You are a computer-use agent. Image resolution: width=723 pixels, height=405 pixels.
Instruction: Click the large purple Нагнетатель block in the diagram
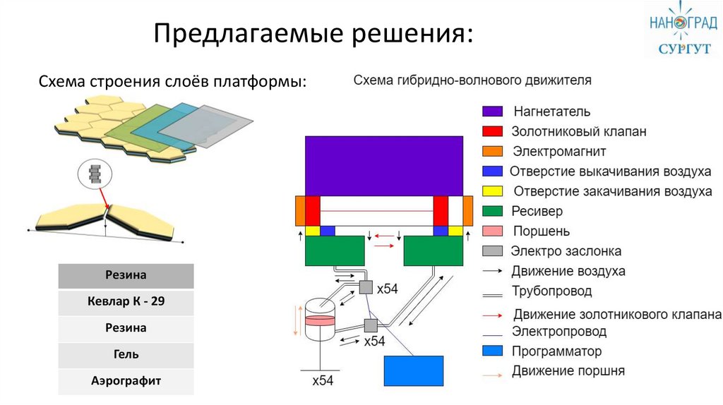[x=384, y=166]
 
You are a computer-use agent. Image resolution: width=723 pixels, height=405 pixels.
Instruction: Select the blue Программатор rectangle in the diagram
[x=414, y=370]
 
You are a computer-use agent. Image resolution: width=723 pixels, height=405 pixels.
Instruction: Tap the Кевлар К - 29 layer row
[x=126, y=302]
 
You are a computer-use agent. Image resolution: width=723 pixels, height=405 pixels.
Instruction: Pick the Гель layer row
[x=126, y=355]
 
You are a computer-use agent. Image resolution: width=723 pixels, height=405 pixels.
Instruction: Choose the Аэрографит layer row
[x=126, y=382]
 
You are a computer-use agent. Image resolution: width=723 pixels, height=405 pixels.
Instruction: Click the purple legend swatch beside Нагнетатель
[x=492, y=111]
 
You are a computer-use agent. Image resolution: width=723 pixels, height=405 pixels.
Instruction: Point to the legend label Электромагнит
[x=559, y=151]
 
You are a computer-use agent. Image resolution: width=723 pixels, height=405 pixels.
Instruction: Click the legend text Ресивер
[x=537, y=211]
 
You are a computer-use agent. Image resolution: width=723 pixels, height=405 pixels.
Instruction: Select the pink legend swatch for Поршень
[x=492, y=231]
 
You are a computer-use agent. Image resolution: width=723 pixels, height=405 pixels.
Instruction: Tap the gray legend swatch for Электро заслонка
[x=492, y=251]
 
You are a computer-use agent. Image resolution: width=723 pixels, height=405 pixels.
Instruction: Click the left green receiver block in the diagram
[x=335, y=251]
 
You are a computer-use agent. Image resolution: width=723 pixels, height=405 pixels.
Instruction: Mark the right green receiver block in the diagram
[x=434, y=251]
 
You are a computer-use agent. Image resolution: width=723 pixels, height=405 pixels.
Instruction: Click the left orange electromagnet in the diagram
[x=300, y=211]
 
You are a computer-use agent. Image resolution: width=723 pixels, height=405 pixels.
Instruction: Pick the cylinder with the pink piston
[x=320, y=320]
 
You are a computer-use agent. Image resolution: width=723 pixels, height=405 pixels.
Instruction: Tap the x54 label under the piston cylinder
[x=322, y=380]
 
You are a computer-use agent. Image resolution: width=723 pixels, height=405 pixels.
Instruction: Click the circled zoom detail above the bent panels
[x=95, y=174]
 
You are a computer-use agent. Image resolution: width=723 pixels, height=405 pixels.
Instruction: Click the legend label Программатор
[x=556, y=351]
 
